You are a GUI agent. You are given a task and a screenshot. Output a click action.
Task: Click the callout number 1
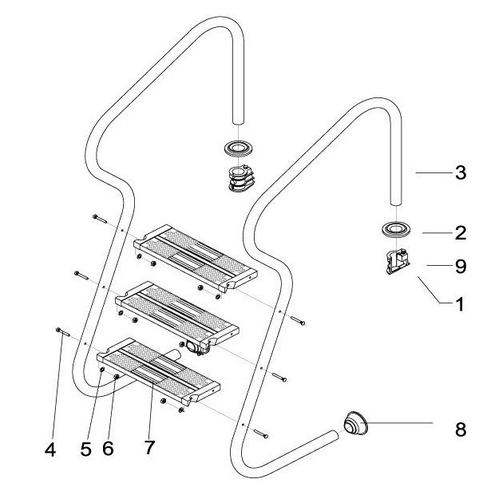[459, 303]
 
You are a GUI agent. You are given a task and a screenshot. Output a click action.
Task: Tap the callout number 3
[459, 172]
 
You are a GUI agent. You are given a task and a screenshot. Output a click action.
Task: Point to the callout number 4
[50, 449]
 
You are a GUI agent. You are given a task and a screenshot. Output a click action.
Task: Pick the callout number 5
[85, 449]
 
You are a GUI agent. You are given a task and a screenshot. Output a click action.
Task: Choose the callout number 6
[108, 449]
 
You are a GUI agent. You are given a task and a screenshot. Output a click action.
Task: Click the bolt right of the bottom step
[263, 434]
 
